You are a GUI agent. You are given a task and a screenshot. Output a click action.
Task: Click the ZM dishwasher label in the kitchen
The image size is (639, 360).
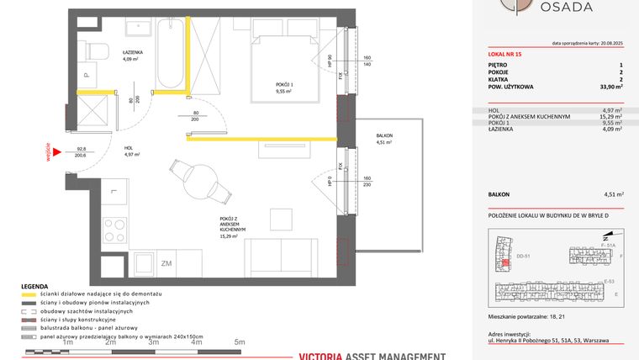(x=166, y=263)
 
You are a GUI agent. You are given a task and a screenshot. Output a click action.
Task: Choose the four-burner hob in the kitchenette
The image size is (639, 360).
(x=113, y=228)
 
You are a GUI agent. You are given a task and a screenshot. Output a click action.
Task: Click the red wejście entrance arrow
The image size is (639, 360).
(x=53, y=151)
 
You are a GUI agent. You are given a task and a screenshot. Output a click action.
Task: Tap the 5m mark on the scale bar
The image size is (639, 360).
(x=239, y=342)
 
